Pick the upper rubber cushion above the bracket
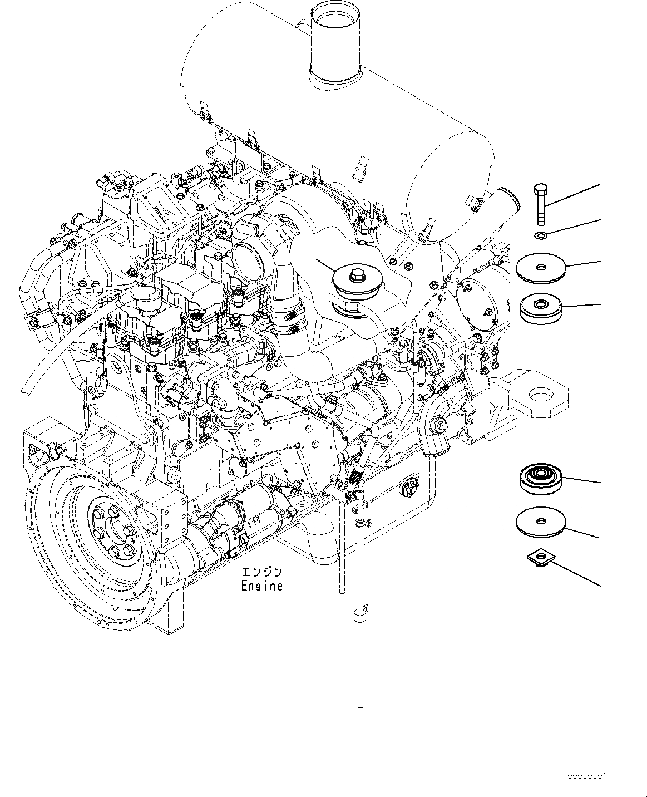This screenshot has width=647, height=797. coord(541,308)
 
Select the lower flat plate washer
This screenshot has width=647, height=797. coord(540,523)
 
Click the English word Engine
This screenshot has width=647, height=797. coord(261,586)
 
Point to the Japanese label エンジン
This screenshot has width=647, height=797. coord(261,572)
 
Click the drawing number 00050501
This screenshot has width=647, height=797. coord(587,775)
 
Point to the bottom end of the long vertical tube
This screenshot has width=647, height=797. coord(359,704)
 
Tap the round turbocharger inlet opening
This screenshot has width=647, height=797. coord(245,255)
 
